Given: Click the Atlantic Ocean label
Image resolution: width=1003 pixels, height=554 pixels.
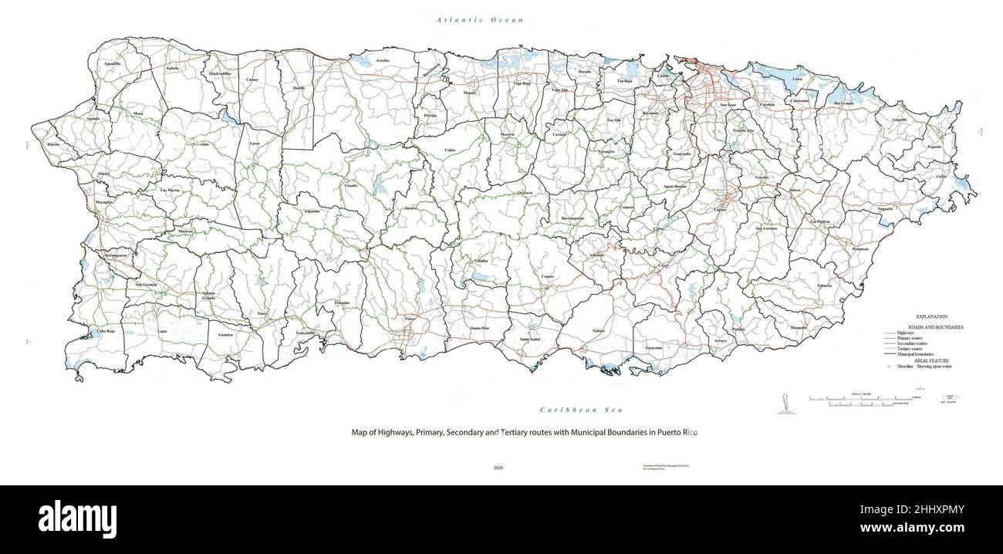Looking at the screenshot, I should (479, 19).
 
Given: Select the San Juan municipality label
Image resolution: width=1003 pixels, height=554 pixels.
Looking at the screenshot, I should (728, 104).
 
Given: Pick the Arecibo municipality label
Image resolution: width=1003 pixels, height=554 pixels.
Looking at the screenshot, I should (383, 59).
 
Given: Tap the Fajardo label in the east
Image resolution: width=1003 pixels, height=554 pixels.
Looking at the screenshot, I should (934, 147).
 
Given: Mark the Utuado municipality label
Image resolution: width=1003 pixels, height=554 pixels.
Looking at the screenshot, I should (350, 186).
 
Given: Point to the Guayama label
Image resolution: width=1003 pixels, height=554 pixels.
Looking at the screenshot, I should (653, 348).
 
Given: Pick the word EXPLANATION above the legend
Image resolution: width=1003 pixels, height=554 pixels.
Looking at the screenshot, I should (931, 317).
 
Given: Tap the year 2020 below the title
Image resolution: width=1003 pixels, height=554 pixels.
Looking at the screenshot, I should (498, 468).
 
